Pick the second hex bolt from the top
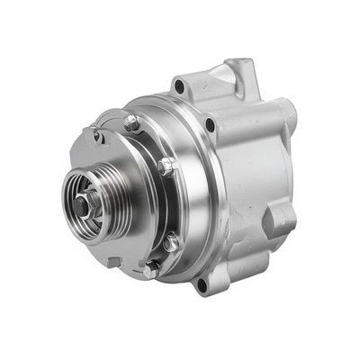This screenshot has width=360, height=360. point(165,166)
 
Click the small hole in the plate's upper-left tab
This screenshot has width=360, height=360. point(98,137)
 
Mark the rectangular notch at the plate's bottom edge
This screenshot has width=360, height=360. point(114,262)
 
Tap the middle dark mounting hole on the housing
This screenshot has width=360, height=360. point(211,124)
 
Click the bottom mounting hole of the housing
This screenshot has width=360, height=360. point(201,284)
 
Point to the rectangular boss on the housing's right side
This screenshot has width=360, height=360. point(281,216)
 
